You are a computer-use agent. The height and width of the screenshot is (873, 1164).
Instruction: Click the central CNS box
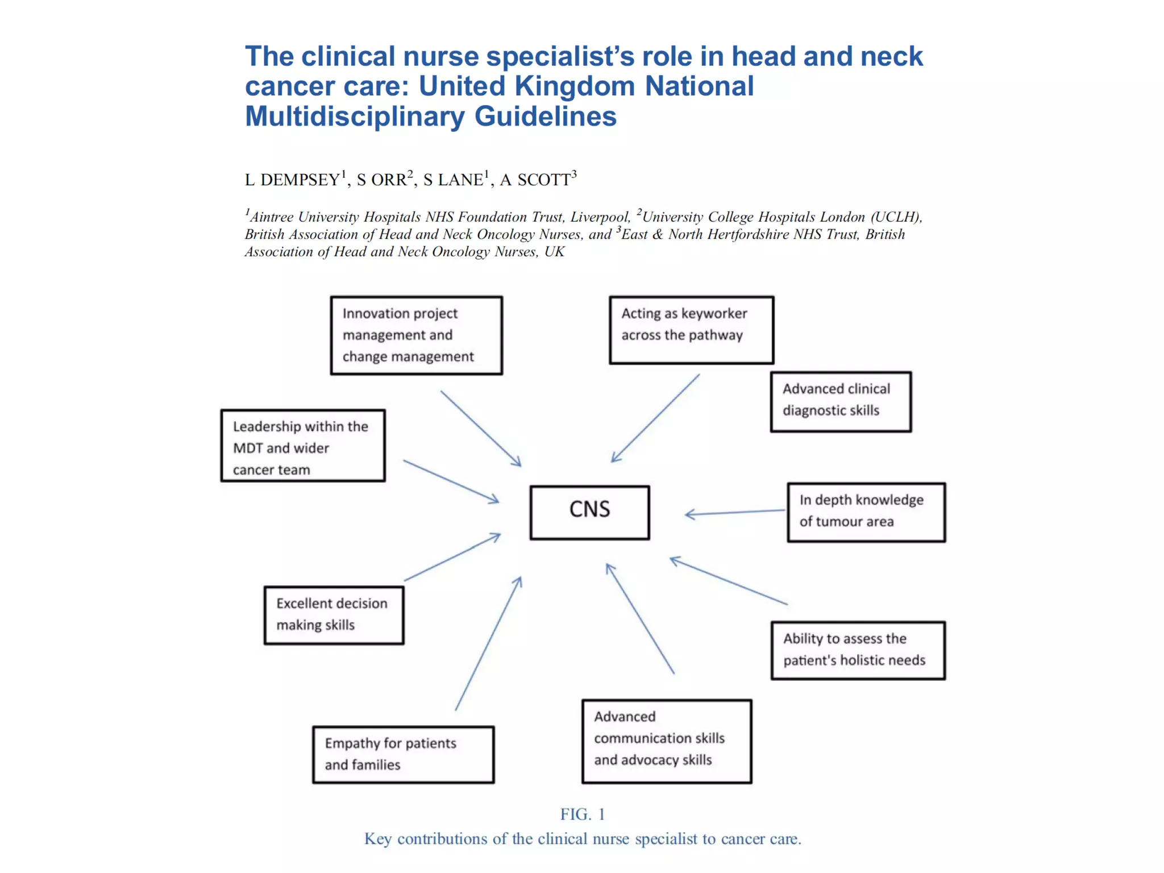589,512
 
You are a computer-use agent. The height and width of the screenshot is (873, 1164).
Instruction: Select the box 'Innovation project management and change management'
416,335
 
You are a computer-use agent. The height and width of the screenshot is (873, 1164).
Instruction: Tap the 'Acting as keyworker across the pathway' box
691,330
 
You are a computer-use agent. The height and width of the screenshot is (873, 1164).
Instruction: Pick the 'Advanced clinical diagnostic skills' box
841,402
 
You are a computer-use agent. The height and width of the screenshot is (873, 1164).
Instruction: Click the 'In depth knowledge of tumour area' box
866,512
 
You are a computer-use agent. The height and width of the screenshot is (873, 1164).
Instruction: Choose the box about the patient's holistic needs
858,650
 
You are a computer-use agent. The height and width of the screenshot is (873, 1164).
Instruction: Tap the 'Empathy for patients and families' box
403,754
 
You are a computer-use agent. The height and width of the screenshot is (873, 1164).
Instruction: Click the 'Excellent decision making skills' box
334,615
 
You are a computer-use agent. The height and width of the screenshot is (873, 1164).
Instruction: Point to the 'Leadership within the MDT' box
303,446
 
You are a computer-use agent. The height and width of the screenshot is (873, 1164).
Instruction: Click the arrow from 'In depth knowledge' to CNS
735,513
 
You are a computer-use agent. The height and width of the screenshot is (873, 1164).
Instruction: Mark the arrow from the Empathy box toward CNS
488,643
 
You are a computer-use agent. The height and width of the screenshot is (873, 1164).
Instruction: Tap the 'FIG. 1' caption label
583,814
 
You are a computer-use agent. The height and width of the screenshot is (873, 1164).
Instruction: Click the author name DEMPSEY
300,180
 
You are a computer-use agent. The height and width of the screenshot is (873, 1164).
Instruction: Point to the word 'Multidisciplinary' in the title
355,117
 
